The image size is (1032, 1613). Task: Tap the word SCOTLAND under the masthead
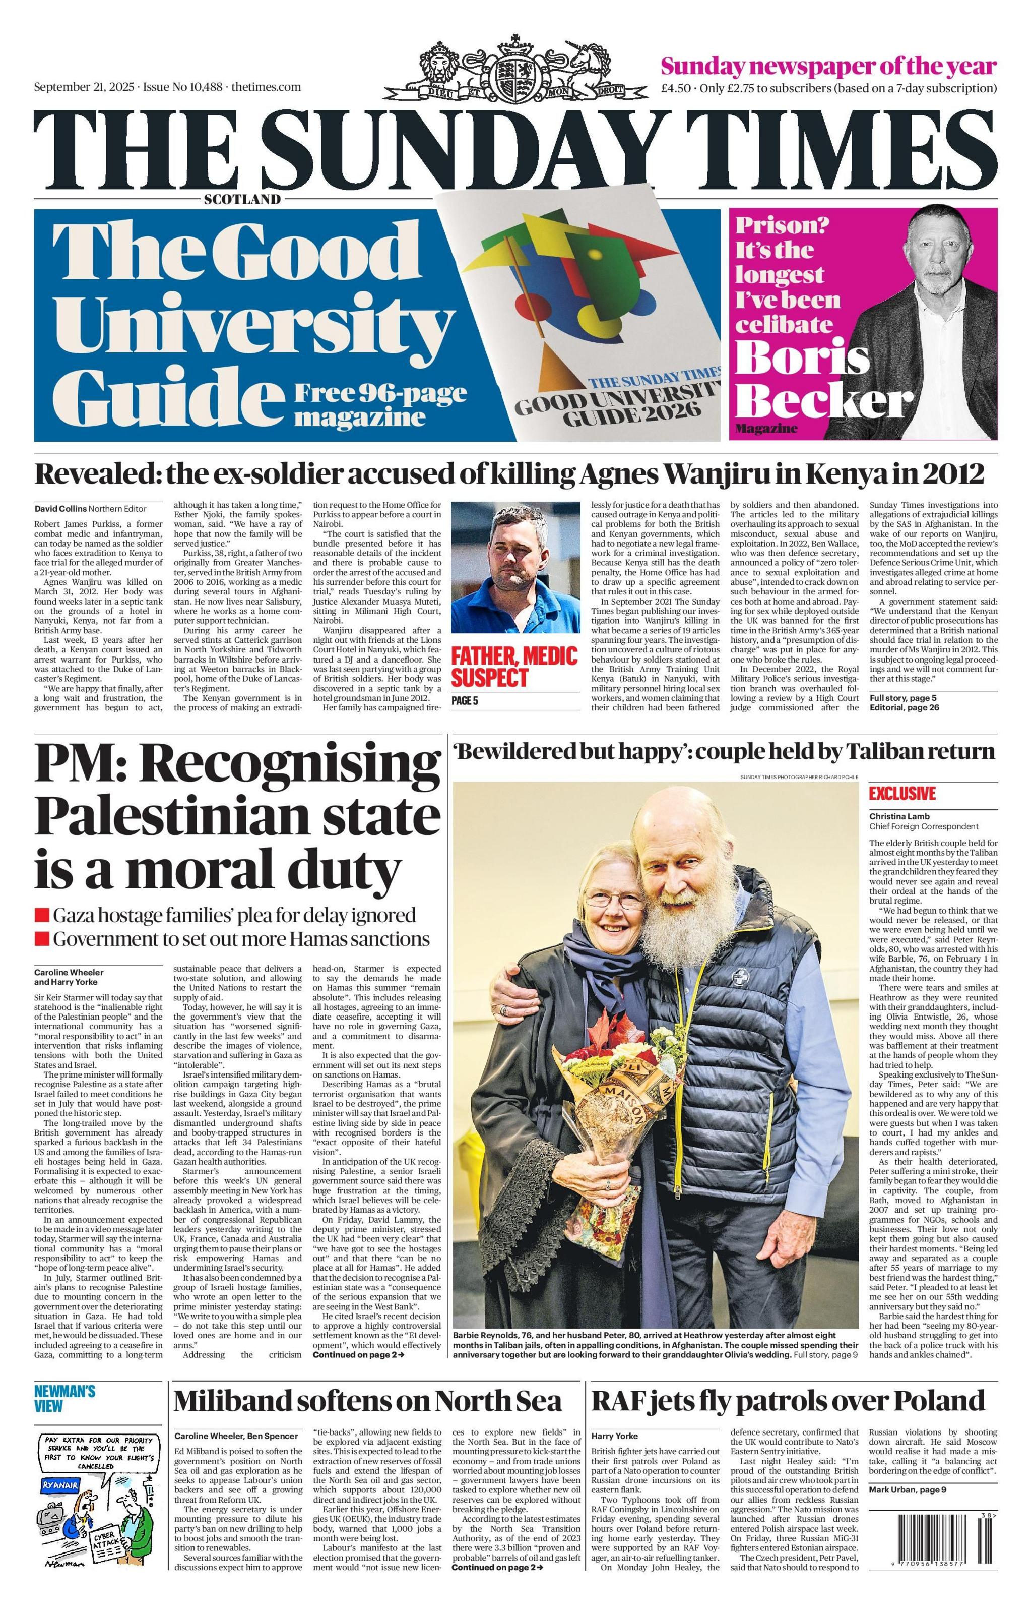pos(242,199)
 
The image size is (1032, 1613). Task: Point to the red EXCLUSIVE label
pos(901,794)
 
